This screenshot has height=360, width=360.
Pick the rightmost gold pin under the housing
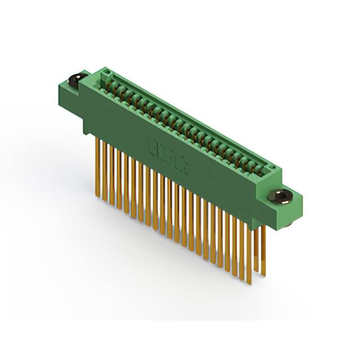263,247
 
